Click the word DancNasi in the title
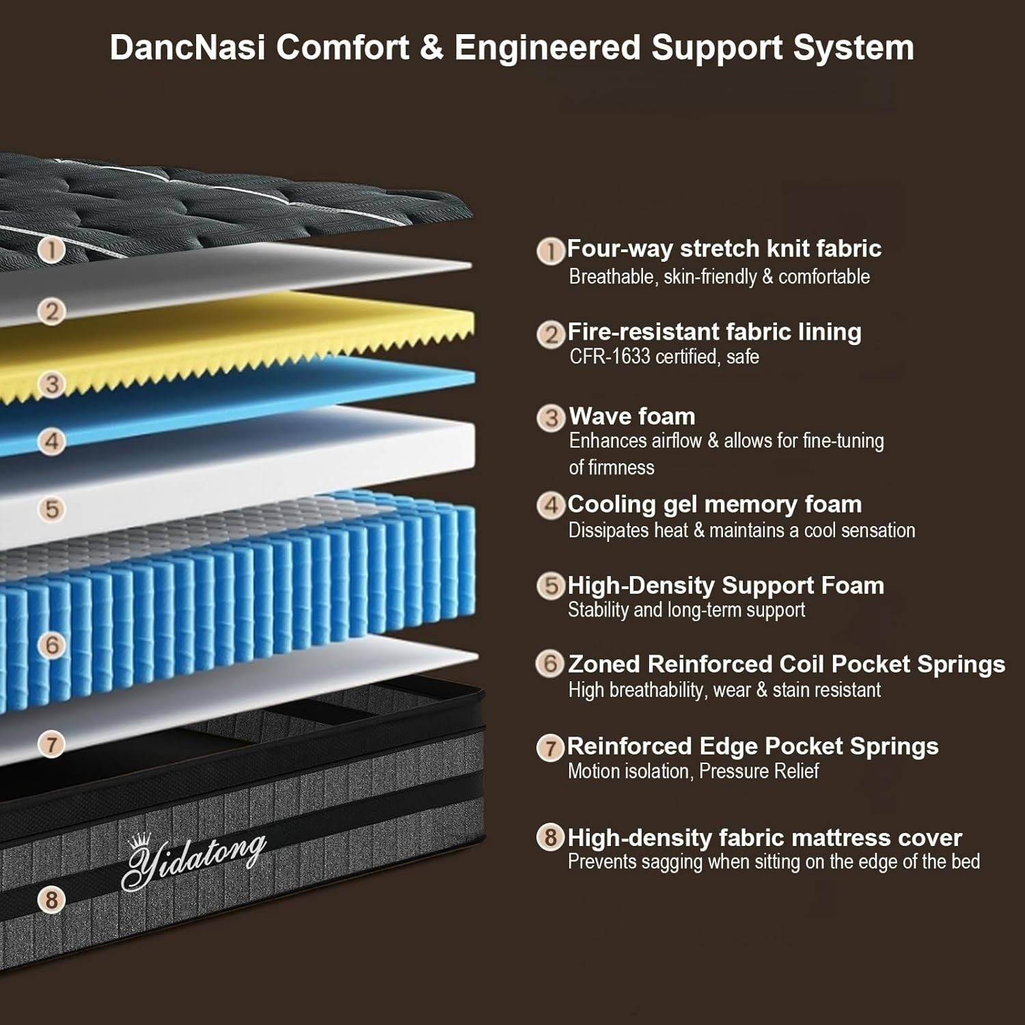(x=187, y=48)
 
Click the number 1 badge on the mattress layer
(x=52, y=249)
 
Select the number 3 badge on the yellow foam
(x=52, y=384)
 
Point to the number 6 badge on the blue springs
(x=52, y=644)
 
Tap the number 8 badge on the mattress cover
(x=52, y=899)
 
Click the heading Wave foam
(x=632, y=416)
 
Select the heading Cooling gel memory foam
(x=715, y=504)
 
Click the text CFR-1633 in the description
(x=610, y=356)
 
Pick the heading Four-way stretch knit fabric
(x=724, y=248)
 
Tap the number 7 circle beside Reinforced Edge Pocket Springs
(x=551, y=747)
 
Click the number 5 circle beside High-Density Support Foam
(x=551, y=586)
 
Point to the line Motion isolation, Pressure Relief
(x=694, y=771)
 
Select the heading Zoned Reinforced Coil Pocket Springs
(x=787, y=664)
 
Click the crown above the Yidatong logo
(x=141, y=841)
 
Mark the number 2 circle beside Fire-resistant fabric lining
(x=551, y=334)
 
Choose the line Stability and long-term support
(x=687, y=610)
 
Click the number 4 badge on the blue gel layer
(x=52, y=441)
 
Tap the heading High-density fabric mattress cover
(x=765, y=838)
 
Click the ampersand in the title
(x=432, y=48)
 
